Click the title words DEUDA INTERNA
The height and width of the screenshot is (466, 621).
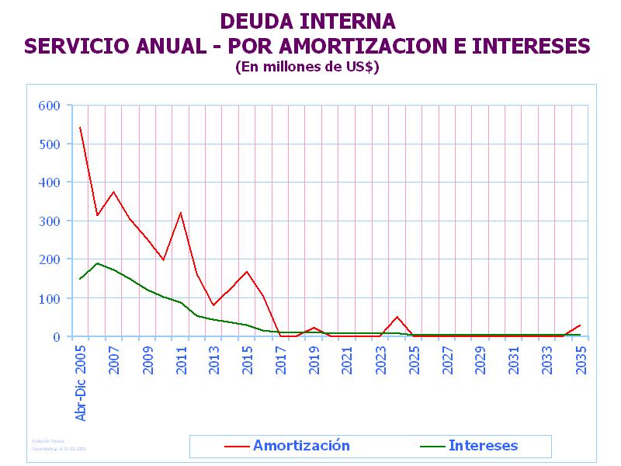(x=307, y=21)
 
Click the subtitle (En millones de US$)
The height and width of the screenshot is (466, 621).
(x=307, y=67)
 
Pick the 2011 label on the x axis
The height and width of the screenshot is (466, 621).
(x=181, y=359)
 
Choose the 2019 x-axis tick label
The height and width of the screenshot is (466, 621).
(x=314, y=359)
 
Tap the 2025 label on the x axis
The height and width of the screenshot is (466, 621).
(x=415, y=359)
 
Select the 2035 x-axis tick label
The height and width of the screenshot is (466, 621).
(x=581, y=359)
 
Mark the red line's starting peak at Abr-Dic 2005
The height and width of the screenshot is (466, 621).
(x=80, y=127)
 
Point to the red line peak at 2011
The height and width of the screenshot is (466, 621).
(x=180, y=213)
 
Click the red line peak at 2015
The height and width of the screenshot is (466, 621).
(x=247, y=272)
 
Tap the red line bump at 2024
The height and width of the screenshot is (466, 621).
(x=397, y=317)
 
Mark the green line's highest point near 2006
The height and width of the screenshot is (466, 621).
(x=97, y=263)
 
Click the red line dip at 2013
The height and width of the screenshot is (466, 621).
(x=213, y=305)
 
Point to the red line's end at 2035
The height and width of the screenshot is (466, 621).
(x=581, y=325)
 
